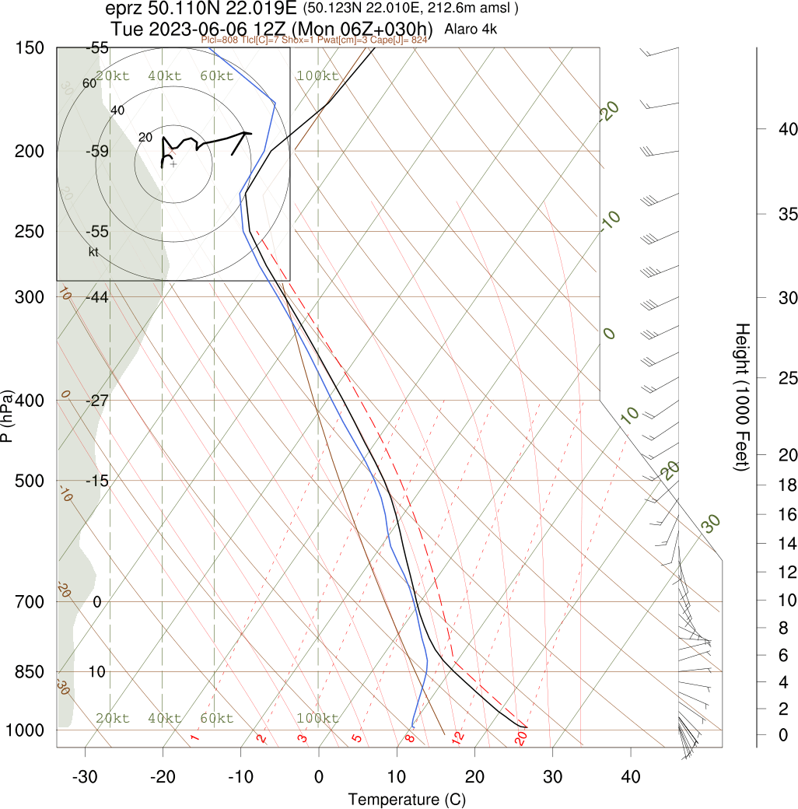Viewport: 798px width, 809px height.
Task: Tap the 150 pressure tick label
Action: tap(29, 48)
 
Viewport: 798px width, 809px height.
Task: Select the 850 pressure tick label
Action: tap(29, 671)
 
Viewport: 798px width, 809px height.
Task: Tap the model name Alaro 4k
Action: tap(471, 30)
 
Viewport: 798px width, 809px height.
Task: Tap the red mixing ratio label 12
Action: tap(458, 736)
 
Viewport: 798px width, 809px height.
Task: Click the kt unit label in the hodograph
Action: tap(93, 252)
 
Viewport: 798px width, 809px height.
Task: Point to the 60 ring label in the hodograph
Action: tap(89, 83)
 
